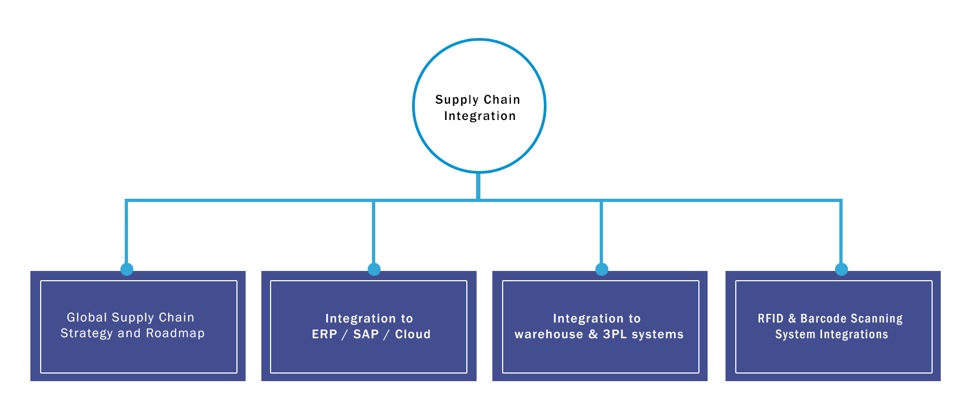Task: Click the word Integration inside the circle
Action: [x=480, y=116]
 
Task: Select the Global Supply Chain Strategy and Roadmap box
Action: [x=138, y=326]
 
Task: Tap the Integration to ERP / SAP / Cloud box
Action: [x=369, y=326]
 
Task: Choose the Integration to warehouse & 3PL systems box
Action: [x=600, y=326]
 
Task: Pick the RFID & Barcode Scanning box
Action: [x=833, y=326]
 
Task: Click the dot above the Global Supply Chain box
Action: [x=127, y=269]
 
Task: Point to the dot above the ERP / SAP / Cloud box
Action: [x=374, y=269]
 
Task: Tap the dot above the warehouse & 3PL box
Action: [x=602, y=269]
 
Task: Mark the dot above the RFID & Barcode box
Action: [x=842, y=269]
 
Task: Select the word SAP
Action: [x=366, y=334]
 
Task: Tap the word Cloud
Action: [x=413, y=334]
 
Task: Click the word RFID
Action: [x=770, y=319]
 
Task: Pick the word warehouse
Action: [x=549, y=334]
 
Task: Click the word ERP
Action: [x=324, y=334]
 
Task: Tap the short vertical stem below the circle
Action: [x=478, y=186]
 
